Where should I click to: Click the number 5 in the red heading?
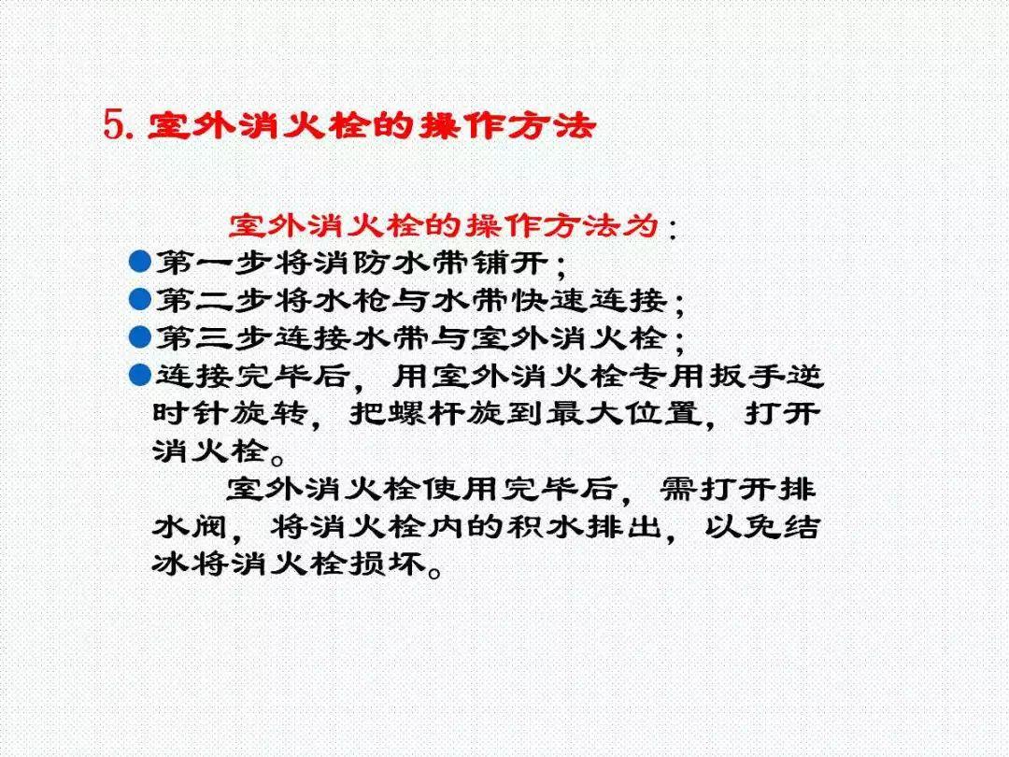(x=113, y=125)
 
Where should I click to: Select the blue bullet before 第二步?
(x=140, y=299)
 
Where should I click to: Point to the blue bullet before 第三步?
(x=140, y=336)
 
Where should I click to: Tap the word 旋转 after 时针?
(x=277, y=414)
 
